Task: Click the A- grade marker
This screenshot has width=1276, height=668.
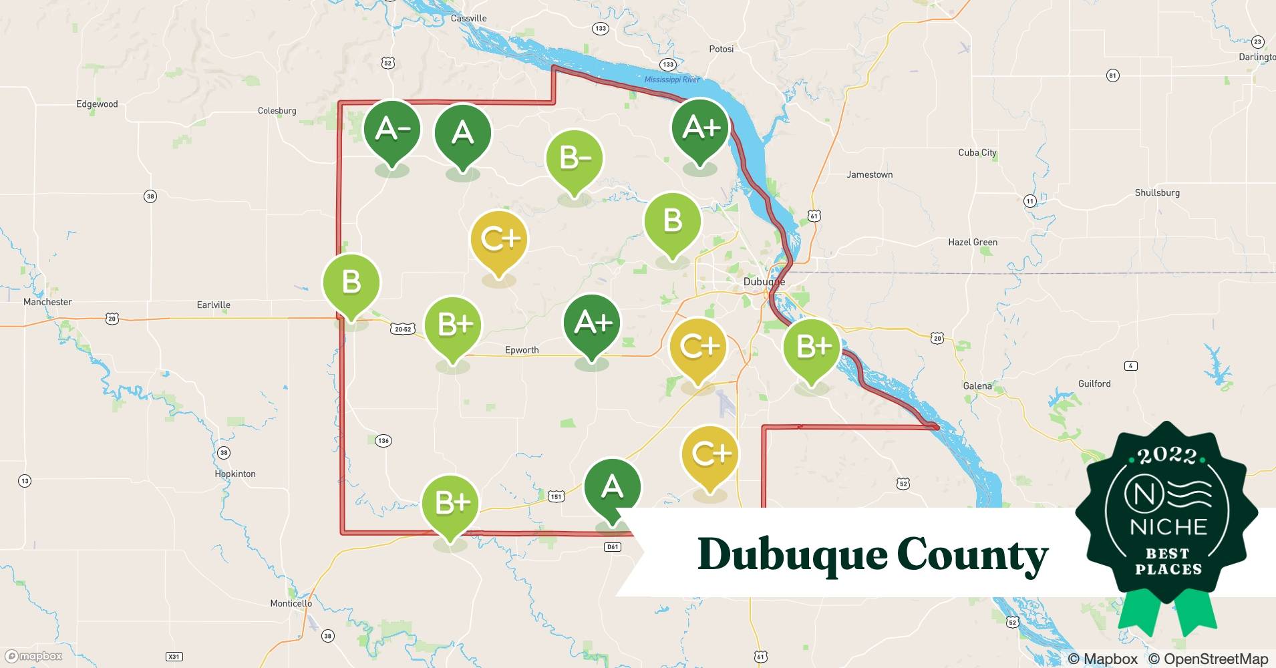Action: point(392,130)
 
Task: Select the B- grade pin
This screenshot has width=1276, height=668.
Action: point(575,159)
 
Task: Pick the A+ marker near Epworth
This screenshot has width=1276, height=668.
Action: point(592,323)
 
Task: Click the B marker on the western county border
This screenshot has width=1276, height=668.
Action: point(351,282)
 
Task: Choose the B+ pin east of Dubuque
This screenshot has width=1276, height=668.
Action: point(812,347)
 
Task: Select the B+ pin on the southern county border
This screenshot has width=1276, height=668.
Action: point(451,503)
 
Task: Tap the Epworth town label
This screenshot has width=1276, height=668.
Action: point(522,350)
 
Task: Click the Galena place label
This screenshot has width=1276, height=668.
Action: point(977,386)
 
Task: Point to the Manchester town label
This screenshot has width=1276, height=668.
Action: point(47,302)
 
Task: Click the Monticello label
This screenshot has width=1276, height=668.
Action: point(291,603)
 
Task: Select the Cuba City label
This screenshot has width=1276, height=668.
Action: point(977,153)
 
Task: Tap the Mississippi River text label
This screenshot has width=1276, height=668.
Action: point(672,79)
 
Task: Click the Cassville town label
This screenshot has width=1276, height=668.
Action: point(468,18)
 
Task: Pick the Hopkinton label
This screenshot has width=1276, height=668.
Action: point(235,474)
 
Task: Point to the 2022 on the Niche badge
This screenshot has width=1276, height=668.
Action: point(1167,456)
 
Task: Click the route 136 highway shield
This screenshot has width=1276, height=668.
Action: point(383,441)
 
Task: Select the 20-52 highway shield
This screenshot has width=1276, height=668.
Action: point(403,329)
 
